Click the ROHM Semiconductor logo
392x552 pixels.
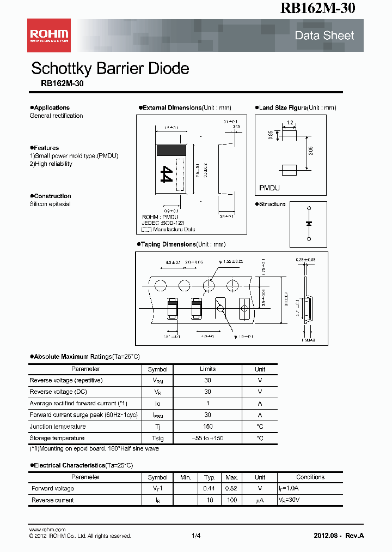[49, 35]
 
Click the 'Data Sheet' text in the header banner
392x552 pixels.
[324, 35]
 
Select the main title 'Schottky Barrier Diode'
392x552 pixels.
[110, 69]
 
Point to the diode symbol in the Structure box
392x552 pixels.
[309, 224]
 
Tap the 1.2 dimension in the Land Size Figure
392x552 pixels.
[290, 123]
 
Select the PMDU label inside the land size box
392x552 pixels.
[269, 188]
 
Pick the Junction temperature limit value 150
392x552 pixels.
[207, 427]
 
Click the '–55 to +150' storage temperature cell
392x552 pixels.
[207, 438]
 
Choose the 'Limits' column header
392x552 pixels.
[207, 369]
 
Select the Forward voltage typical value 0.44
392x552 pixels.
[209, 489]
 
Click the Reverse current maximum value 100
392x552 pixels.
[232, 500]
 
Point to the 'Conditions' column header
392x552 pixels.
[310, 477]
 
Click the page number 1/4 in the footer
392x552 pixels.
[196, 536]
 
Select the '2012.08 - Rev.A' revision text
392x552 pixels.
[339, 536]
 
